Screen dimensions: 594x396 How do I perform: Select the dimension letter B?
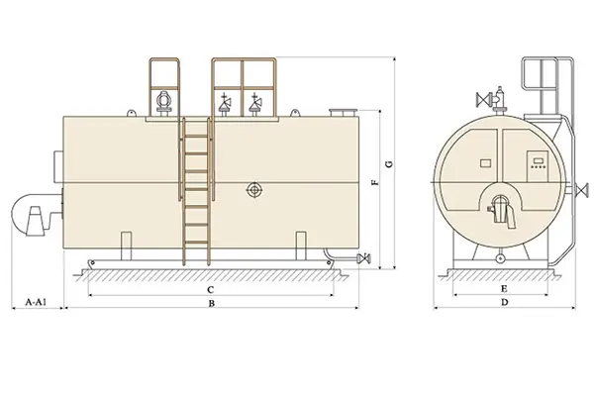(x=212, y=303)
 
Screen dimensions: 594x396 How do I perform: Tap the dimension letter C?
(x=211, y=290)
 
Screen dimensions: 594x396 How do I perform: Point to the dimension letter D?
(x=504, y=302)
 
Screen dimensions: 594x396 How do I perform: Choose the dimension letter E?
(x=504, y=289)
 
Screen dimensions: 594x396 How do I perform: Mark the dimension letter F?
(x=374, y=182)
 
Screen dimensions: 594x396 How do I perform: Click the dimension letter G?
(x=389, y=164)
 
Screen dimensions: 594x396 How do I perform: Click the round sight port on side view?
(x=254, y=189)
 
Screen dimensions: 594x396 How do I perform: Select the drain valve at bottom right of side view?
(x=363, y=258)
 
